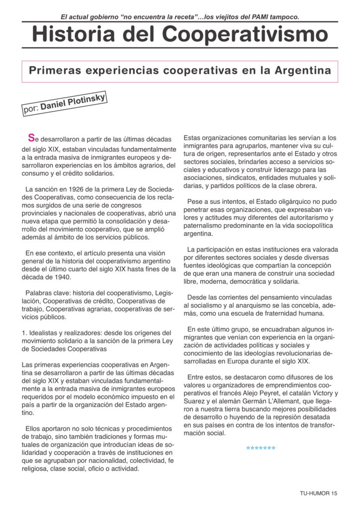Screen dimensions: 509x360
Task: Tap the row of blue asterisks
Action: [x=261, y=448]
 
